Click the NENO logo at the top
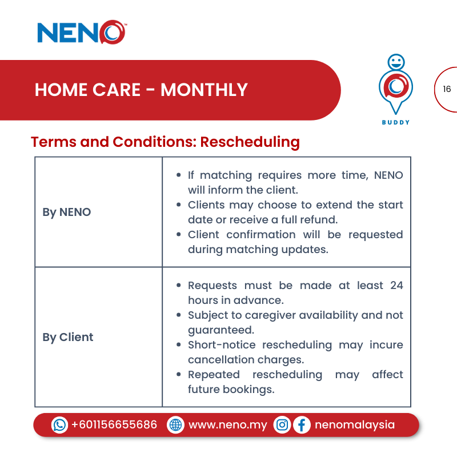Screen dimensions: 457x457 (x=82, y=32)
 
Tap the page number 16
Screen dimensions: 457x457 (x=447, y=89)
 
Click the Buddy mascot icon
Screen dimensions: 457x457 (x=395, y=86)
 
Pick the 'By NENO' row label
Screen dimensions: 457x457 (x=66, y=212)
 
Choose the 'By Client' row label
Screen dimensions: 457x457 (x=67, y=337)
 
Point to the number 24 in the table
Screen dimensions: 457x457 (x=396, y=285)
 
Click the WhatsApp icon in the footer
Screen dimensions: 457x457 (x=59, y=425)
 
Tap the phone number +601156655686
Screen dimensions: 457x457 (x=114, y=425)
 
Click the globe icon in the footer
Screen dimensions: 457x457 (x=175, y=425)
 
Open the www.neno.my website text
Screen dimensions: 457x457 (x=227, y=425)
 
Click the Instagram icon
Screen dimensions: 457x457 (x=282, y=425)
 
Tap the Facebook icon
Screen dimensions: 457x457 (x=302, y=425)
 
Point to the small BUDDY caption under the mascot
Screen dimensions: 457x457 (x=395, y=122)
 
